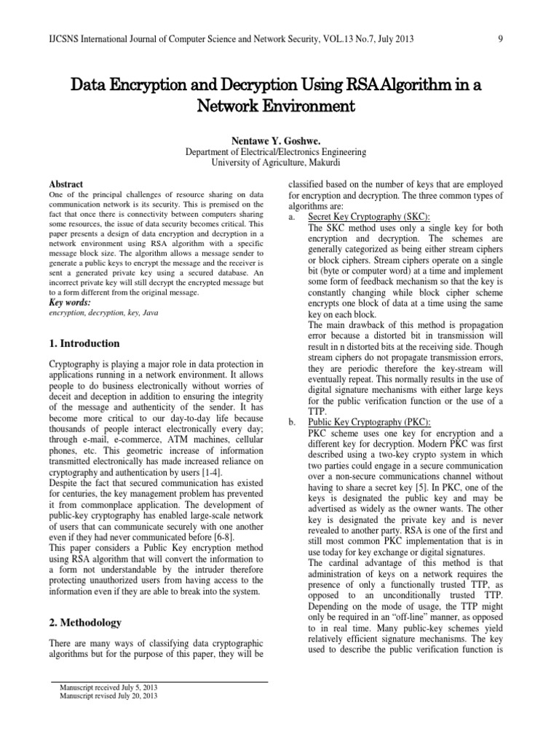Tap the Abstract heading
click(x=66, y=185)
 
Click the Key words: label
click(x=69, y=302)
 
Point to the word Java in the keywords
click(x=148, y=313)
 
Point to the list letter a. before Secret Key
click(x=293, y=217)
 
